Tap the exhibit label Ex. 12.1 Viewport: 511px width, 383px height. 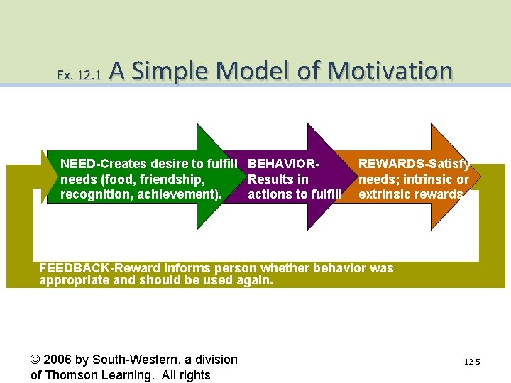79,74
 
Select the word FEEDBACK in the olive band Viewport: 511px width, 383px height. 72,268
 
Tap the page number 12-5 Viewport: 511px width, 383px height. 472,362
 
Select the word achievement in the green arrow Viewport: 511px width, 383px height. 184,194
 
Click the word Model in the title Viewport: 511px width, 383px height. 250,71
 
